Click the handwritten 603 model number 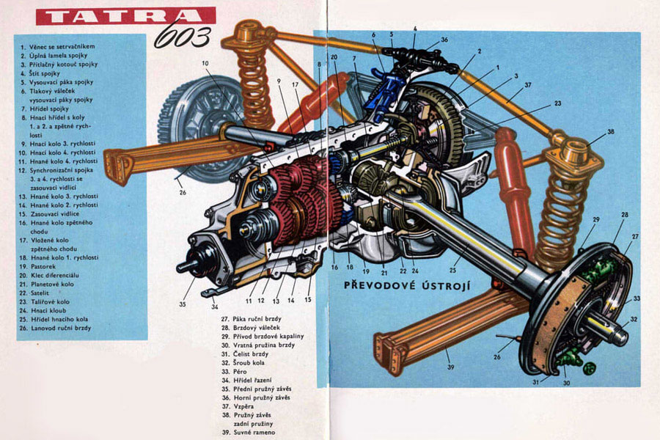(x=183, y=34)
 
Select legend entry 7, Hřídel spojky (x=52, y=109)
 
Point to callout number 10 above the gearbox (x=205, y=63)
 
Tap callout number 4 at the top (x=414, y=29)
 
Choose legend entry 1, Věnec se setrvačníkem (x=62, y=46)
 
